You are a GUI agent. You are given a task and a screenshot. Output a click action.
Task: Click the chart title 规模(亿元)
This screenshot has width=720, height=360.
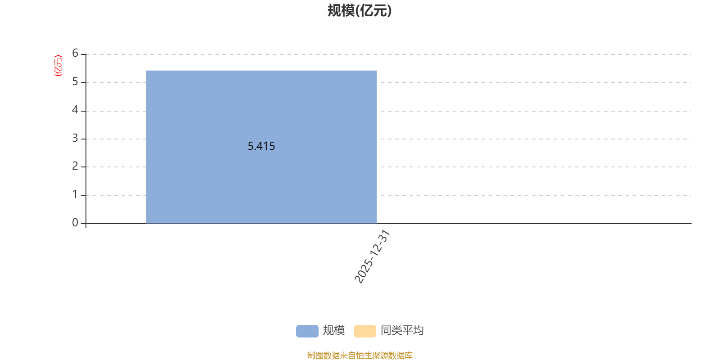[360, 11]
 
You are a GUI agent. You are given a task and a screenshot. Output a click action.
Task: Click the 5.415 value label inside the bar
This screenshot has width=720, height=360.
[261, 146]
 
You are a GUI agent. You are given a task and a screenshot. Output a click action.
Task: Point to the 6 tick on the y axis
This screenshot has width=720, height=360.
[75, 54]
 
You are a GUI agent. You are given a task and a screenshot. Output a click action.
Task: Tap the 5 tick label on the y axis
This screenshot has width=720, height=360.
[75, 82]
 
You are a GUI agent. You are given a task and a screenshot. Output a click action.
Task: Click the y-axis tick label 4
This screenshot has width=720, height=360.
[75, 110]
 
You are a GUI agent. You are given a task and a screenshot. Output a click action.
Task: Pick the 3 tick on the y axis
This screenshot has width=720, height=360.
[75, 139]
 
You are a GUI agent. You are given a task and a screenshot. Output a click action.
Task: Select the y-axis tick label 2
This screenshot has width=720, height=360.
[75, 166]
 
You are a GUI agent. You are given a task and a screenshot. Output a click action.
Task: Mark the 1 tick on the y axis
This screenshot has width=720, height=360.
[75, 195]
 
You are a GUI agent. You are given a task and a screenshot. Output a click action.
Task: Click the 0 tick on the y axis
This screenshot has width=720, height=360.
[75, 223]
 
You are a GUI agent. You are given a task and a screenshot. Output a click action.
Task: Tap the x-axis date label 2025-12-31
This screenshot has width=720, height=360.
[372, 257]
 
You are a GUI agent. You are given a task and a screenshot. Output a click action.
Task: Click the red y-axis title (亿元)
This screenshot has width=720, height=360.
[58, 66]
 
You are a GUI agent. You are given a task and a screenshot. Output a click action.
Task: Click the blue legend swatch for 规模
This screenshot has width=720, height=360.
[307, 331]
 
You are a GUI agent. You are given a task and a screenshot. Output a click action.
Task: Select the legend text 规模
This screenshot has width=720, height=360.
[334, 331]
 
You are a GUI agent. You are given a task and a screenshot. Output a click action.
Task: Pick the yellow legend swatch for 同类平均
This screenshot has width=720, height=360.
[364, 331]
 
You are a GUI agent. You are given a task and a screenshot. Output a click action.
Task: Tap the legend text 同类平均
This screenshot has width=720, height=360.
[402, 331]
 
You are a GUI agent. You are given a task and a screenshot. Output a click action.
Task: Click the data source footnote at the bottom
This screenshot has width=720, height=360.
[360, 355]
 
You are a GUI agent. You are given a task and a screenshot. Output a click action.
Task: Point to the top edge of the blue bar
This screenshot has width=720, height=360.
[261, 71]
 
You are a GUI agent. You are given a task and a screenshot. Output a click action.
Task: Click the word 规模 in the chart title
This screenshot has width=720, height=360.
[341, 11]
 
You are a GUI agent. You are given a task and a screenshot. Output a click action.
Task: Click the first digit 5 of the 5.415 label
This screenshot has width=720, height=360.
[251, 146]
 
